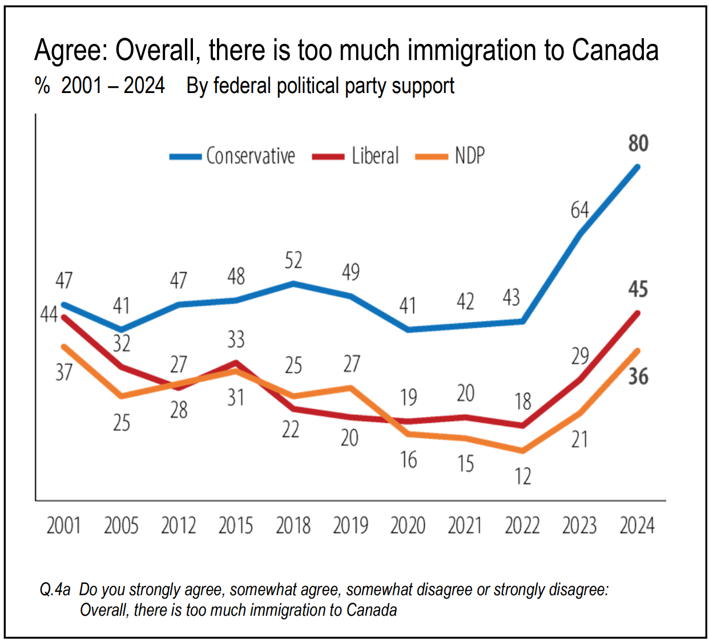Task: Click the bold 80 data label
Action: [x=638, y=143]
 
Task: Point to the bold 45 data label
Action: [x=638, y=289]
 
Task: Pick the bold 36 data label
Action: [x=638, y=377]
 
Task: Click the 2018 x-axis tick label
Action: [x=293, y=526]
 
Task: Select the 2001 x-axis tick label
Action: [x=63, y=526]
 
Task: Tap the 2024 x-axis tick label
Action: [x=637, y=526]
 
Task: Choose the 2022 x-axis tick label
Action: [x=522, y=526]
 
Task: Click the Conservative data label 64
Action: [x=579, y=211]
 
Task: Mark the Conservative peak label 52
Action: [x=293, y=261]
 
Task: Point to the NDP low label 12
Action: [x=523, y=477]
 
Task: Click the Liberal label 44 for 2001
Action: [x=49, y=314]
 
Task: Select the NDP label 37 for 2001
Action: [x=64, y=373]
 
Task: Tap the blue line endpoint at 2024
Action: [x=637, y=167]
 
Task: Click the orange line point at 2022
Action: [x=522, y=451]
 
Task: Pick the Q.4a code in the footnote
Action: [x=55, y=589]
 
